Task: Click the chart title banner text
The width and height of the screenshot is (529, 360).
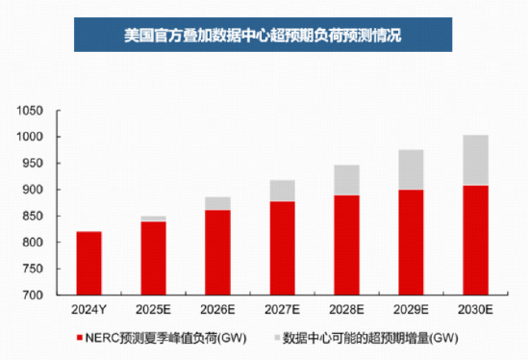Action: click(264, 36)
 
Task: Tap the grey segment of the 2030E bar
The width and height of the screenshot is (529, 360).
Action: click(474, 160)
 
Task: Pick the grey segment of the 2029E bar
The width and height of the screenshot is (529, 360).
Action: click(410, 169)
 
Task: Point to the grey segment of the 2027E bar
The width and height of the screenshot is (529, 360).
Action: click(281, 191)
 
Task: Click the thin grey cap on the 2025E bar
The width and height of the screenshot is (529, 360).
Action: click(152, 219)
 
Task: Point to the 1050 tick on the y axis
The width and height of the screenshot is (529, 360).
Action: click(32, 111)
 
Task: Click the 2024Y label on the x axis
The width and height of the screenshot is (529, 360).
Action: click(88, 310)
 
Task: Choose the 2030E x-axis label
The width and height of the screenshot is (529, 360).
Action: click(474, 310)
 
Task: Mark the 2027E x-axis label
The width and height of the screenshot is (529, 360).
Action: click(281, 310)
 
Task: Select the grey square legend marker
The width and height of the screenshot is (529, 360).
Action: click(277, 338)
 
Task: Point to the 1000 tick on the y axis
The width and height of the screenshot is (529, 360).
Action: click(32, 137)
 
